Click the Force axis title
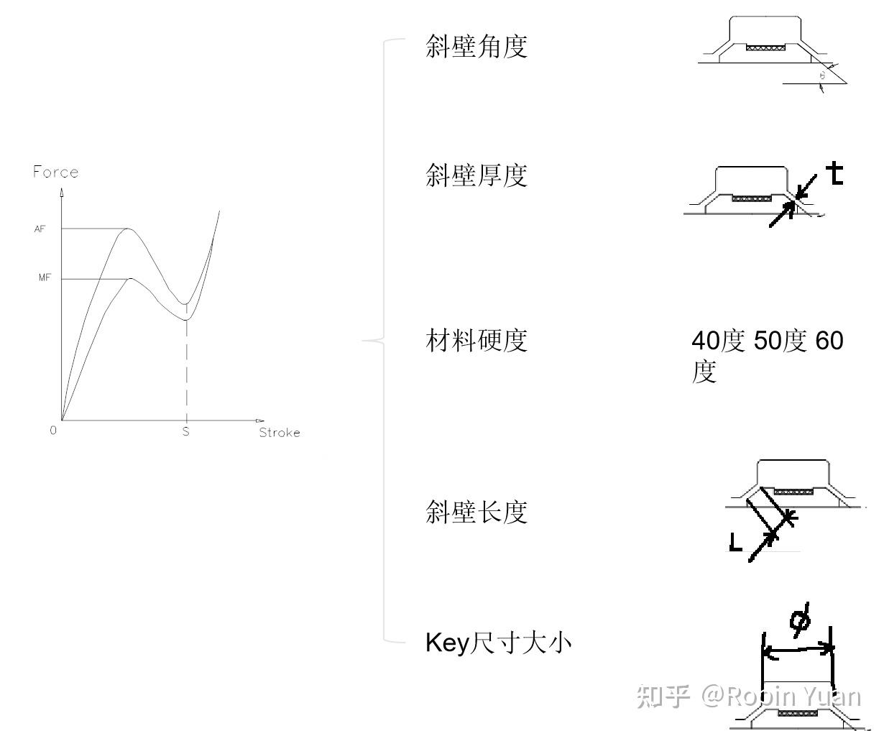pyautogui.click(x=55, y=172)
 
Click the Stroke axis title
pyautogui.click(x=279, y=432)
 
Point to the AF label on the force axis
pyautogui.click(x=40, y=229)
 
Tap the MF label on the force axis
pyautogui.click(x=45, y=278)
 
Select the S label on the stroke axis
pyautogui.click(x=185, y=431)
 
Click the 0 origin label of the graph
pyautogui.click(x=53, y=431)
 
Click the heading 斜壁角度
pyautogui.click(x=476, y=47)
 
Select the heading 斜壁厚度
pyautogui.click(x=476, y=175)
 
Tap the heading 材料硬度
pyautogui.click(x=476, y=340)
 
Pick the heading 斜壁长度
pyautogui.click(x=476, y=512)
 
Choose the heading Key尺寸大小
pyautogui.click(x=498, y=642)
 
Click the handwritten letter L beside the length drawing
pyautogui.click(x=735, y=541)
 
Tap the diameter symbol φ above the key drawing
pyautogui.click(x=799, y=619)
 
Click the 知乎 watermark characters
pyautogui.click(x=663, y=696)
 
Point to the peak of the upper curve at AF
pyautogui.click(x=128, y=229)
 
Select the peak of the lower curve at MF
pyautogui.click(x=130, y=278)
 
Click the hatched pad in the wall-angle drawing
pyautogui.click(x=765, y=47)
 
